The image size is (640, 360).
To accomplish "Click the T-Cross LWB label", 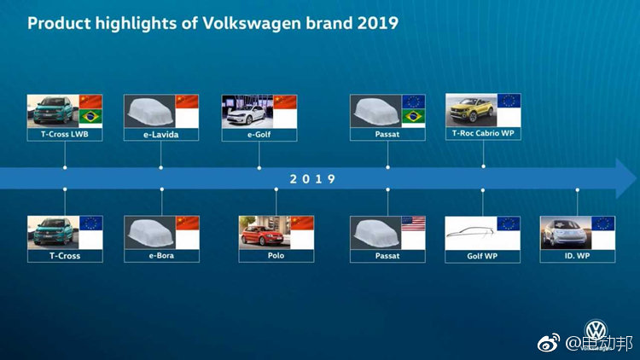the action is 65,134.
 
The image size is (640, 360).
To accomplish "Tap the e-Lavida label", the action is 160,134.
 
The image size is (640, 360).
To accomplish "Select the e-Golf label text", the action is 259,134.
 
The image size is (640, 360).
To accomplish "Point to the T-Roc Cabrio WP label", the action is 483,133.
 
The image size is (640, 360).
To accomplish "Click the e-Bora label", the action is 161,256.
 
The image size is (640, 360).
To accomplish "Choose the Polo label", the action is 276,256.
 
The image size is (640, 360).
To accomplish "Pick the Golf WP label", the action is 482,256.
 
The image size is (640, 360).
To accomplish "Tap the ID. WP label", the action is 577,256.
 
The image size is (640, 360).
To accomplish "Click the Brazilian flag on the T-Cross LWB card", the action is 90,117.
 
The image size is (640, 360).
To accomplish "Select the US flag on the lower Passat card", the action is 414,224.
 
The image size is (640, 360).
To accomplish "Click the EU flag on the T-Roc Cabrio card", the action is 509,101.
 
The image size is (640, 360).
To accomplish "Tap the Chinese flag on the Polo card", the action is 302,223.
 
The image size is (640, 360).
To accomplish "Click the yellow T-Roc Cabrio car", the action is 469,110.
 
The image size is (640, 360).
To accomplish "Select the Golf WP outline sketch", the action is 470,232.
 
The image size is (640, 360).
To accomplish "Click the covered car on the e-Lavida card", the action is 150,111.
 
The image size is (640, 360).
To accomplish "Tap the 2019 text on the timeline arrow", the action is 312,179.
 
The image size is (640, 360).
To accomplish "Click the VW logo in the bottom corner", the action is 596,330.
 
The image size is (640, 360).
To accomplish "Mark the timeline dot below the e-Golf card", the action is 259,168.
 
